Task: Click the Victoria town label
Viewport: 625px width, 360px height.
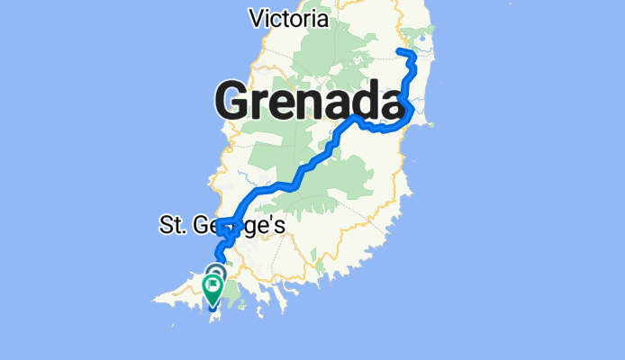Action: click(288, 18)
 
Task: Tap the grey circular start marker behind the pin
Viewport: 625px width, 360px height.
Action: click(216, 272)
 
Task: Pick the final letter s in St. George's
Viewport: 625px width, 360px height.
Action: click(280, 226)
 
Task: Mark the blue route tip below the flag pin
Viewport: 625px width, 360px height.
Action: click(213, 307)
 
